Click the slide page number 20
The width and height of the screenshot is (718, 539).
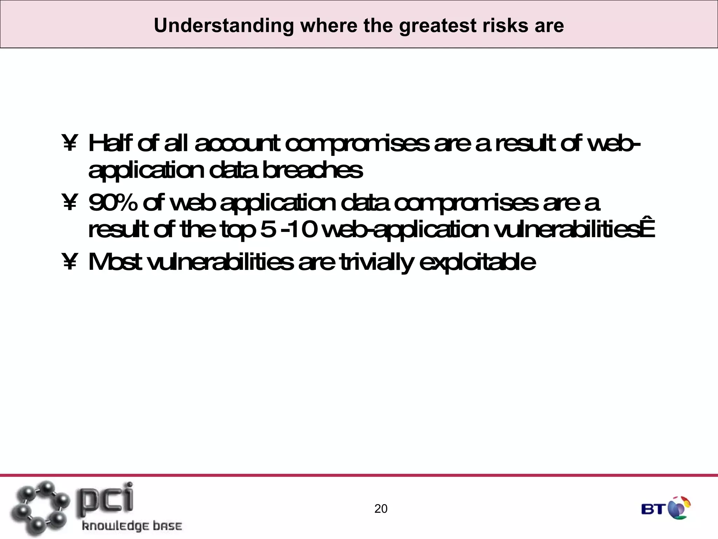tap(381, 509)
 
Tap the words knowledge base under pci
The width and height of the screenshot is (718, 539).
tap(132, 526)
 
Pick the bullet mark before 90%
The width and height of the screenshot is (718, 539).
tap(69, 204)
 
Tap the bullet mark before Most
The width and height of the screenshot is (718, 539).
tap(69, 262)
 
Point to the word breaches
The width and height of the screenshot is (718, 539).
tap(312, 171)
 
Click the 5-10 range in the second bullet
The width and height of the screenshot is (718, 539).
tap(289, 230)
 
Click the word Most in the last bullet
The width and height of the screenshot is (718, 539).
tap(115, 262)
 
